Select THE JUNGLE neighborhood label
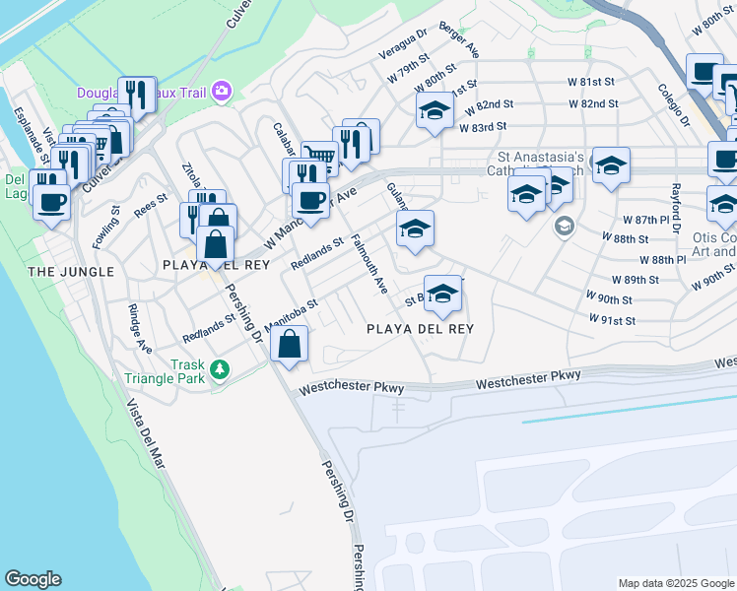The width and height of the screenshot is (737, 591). [x=71, y=271]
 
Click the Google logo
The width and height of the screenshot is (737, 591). [x=33, y=579]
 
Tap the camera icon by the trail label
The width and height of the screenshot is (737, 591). [x=222, y=92]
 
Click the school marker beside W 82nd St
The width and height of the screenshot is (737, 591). [x=433, y=110]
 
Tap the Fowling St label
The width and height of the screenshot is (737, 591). [x=107, y=229]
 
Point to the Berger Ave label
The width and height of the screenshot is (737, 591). [x=459, y=38]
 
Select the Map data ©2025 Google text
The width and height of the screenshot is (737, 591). [x=676, y=583]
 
